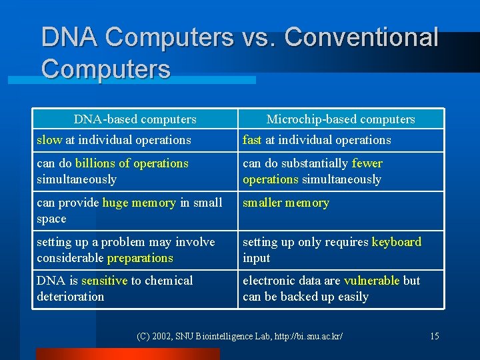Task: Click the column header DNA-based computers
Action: [135, 119]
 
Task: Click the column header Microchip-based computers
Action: [340, 119]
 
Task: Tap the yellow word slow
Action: [49, 140]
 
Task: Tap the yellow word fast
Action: [252, 140]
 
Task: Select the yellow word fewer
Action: [367, 163]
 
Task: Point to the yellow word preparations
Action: [140, 258]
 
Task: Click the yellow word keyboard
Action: [397, 242]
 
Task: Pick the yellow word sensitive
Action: [105, 281]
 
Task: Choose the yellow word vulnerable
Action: [371, 281]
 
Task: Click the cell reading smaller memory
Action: [286, 203]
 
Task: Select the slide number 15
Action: [434, 336]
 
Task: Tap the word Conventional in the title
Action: [362, 38]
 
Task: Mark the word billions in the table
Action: [94, 163]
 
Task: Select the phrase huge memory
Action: [139, 203]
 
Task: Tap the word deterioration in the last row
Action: [71, 297]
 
